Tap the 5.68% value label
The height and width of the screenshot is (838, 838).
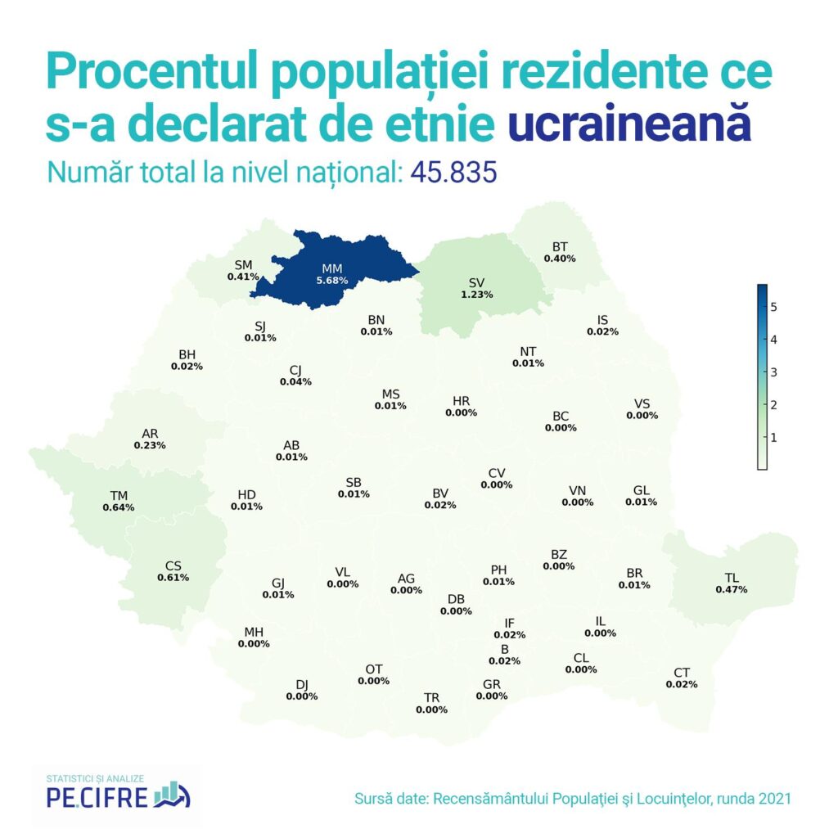tap(332, 281)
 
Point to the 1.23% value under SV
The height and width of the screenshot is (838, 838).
tap(476, 295)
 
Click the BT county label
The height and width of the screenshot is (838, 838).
tap(560, 246)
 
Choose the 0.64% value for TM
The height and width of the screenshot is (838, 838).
tap(119, 507)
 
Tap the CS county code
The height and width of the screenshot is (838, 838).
tap(173, 565)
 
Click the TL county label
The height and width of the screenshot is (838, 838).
tap(732, 577)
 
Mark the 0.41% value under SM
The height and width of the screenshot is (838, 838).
tap(243, 277)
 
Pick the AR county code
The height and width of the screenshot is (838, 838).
tap(150, 433)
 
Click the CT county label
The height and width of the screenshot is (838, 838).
tap(682, 673)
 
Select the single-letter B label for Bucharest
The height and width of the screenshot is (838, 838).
tap(505, 649)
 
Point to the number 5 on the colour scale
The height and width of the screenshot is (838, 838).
tap(773, 307)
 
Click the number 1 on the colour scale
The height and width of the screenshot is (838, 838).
tap(773, 438)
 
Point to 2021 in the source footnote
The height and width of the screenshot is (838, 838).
tap(773, 797)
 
